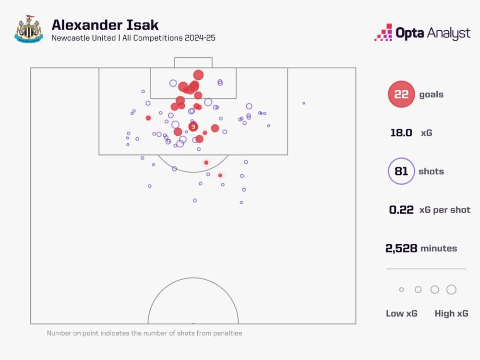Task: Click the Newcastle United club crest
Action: pyautogui.click(x=29, y=29)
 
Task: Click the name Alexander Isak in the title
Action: pyautogui.click(x=105, y=25)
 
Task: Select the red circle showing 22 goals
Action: pyautogui.click(x=401, y=95)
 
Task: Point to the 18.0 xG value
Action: pyautogui.click(x=401, y=133)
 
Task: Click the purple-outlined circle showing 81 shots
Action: pyautogui.click(x=401, y=171)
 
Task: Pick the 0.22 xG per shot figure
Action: pyautogui.click(x=401, y=210)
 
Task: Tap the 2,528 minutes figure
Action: pyautogui.click(x=401, y=248)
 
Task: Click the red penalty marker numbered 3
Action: pyautogui.click(x=193, y=127)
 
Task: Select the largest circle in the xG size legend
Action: pyautogui.click(x=451, y=289)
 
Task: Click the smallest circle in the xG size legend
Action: pyautogui.click(x=401, y=289)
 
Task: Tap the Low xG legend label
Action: pyautogui.click(x=401, y=313)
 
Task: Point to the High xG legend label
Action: pyautogui.click(x=451, y=313)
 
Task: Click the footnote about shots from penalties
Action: pyautogui.click(x=144, y=333)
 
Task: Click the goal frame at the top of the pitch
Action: pyautogui.click(x=193, y=62)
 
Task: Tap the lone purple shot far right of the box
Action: pyautogui.click(x=303, y=103)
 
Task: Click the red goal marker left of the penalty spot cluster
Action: pyautogui.click(x=148, y=118)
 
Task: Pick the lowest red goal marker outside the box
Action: pyautogui.click(x=220, y=175)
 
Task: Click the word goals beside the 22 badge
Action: pyautogui.click(x=431, y=95)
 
